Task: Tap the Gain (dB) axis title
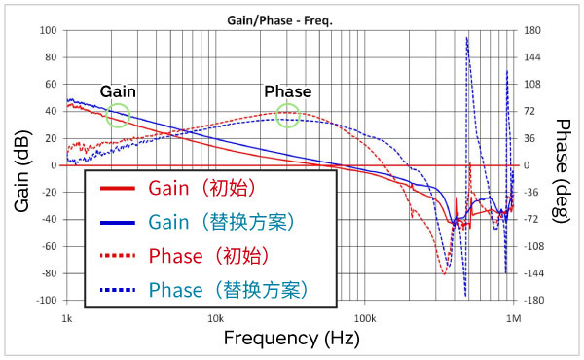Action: point(21,166)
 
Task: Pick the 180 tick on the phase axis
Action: point(530,30)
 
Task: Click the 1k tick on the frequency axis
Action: point(66,318)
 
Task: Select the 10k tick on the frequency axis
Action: point(215,318)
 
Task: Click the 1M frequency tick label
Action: point(512,318)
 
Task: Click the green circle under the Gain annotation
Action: point(117,116)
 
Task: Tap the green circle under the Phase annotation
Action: point(287,116)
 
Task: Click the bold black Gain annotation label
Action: point(118,91)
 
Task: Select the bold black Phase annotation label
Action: point(288,91)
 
